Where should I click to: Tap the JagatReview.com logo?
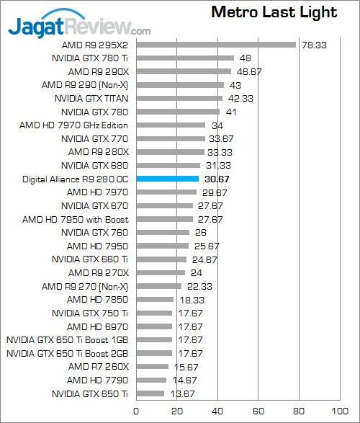(79, 27)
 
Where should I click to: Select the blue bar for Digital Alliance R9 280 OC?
(167, 178)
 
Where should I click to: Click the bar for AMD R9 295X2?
(215, 44)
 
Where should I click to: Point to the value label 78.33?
(315, 45)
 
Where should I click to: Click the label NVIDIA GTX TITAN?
(91, 98)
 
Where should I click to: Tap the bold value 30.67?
(218, 179)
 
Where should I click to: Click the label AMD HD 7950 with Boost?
(76, 219)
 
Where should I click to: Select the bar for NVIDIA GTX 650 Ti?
(150, 393)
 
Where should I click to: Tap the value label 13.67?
(182, 394)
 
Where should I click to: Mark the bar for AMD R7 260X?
(152, 367)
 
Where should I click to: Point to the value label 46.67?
(250, 72)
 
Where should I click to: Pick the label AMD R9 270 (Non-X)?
(85, 286)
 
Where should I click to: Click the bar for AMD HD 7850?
(155, 299)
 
